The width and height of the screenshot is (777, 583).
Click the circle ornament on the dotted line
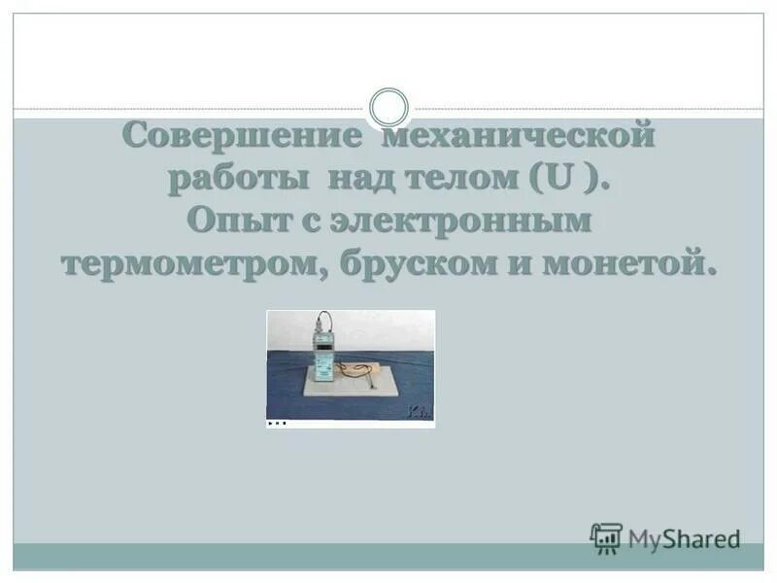click(x=389, y=107)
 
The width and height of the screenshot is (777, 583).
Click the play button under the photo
click(x=270, y=424)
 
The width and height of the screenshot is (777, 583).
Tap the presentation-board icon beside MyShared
click(x=606, y=537)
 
